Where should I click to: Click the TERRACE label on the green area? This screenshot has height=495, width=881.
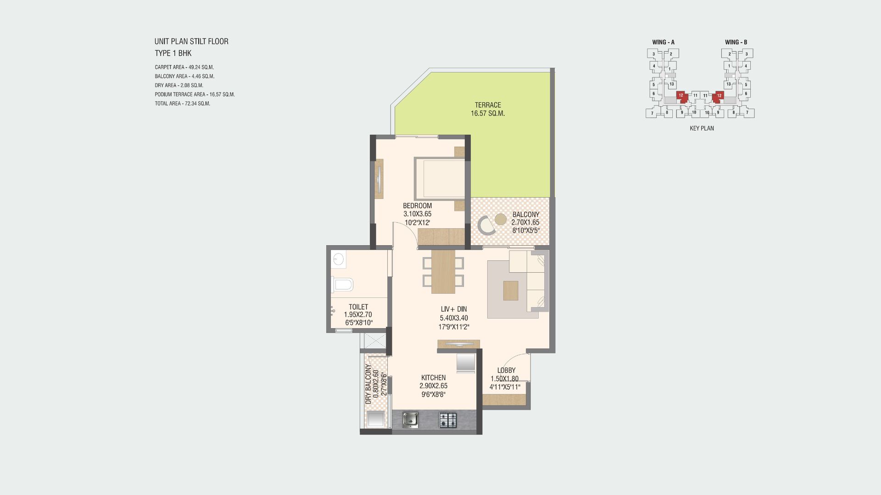pos(488,105)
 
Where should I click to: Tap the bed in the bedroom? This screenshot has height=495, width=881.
pos(440,179)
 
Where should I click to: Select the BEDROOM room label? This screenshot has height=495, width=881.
pos(417,206)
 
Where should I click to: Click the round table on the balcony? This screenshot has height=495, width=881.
pos(500,219)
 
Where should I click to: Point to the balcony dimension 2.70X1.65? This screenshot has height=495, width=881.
pos(525,222)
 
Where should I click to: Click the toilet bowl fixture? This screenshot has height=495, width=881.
pos(342,285)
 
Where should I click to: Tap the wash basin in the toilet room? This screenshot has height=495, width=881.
pos(338,260)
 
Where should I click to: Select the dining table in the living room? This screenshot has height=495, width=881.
pos(443,271)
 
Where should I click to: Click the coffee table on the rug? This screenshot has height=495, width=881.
pos(511,291)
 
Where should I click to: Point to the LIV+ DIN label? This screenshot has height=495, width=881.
pos(453,309)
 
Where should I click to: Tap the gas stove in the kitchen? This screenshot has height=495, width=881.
pos(448,420)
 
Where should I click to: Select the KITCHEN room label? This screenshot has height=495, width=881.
pos(433,378)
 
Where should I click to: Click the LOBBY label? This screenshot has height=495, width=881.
pos(506,370)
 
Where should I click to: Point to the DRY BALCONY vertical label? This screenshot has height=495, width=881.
pos(368,384)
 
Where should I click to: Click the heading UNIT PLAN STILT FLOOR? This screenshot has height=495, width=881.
pos(191,41)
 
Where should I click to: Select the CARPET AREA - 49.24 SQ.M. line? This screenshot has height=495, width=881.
pos(184,67)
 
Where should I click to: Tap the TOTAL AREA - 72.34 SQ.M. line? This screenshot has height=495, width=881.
pos(183,104)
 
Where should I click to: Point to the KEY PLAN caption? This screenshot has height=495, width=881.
pos(702,128)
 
